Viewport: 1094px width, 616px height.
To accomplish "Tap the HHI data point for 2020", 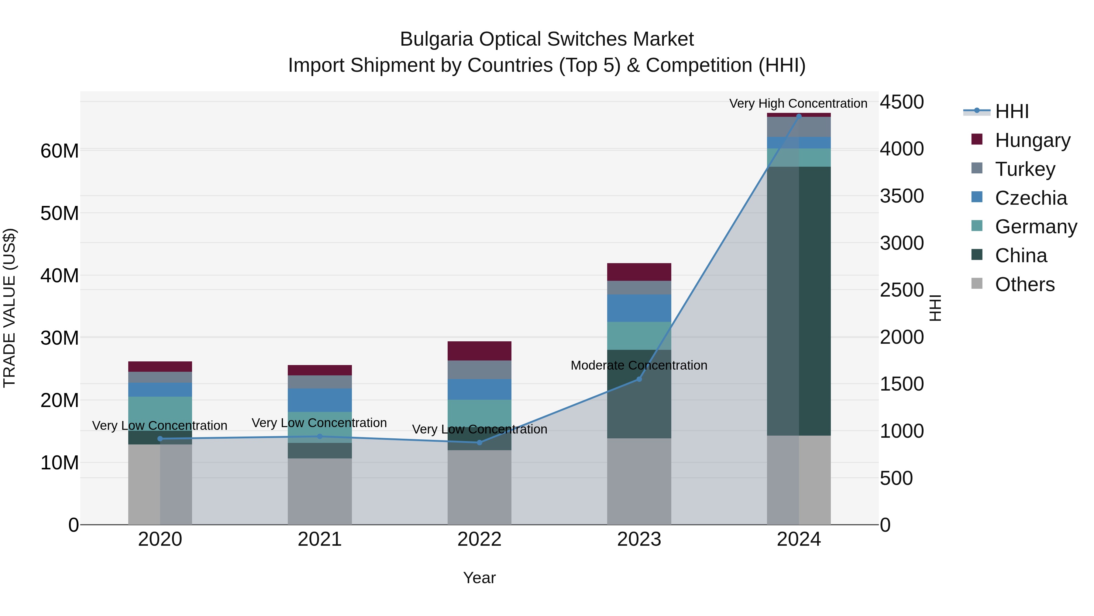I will pyautogui.click(x=160, y=439).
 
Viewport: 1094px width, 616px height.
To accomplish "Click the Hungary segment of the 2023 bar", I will pyautogui.click(x=639, y=272).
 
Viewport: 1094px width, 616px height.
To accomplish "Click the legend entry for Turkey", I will pyautogui.click(x=1025, y=169).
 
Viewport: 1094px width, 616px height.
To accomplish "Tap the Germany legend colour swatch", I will pyautogui.click(x=977, y=226).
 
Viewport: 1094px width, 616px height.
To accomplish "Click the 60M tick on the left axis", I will pyautogui.click(x=60, y=151).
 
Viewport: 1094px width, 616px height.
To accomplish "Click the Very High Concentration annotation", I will pyautogui.click(x=798, y=104).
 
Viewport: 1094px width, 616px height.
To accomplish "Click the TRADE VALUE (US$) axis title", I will pyautogui.click(x=9, y=308).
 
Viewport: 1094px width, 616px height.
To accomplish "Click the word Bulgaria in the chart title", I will pyautogui.click(x=436, y=39).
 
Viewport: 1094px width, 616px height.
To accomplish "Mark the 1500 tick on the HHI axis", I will pyautogui.click(x=902, y=384).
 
